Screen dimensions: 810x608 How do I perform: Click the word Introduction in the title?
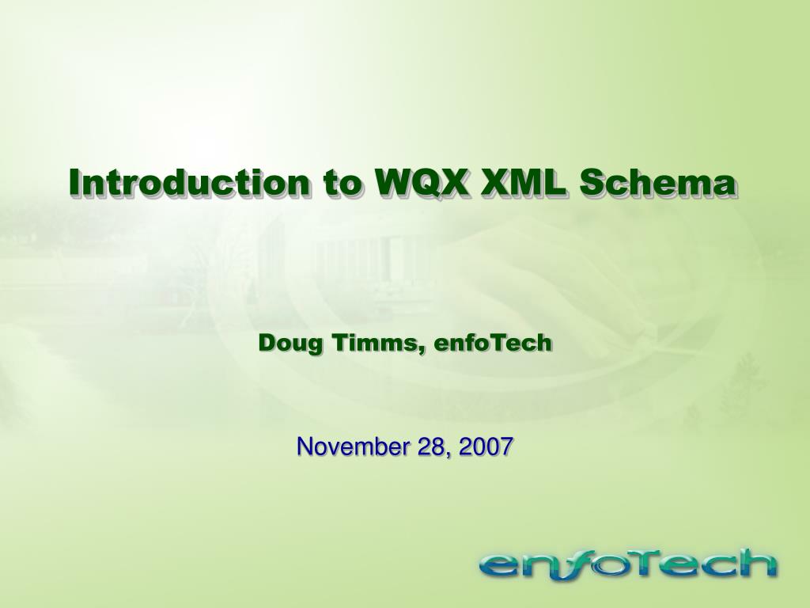(190, 182)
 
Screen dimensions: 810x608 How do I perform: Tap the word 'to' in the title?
(342, 183)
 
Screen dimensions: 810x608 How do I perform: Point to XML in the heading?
(523, 183)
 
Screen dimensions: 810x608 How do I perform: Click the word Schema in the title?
(657, 182)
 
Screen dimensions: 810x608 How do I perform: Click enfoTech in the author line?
(493, 343)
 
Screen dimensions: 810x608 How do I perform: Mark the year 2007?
(486, 446)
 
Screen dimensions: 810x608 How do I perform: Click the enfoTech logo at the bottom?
(627, 565)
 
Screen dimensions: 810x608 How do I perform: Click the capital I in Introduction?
(76, 182)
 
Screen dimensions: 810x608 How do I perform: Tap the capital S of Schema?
(590, 183)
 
